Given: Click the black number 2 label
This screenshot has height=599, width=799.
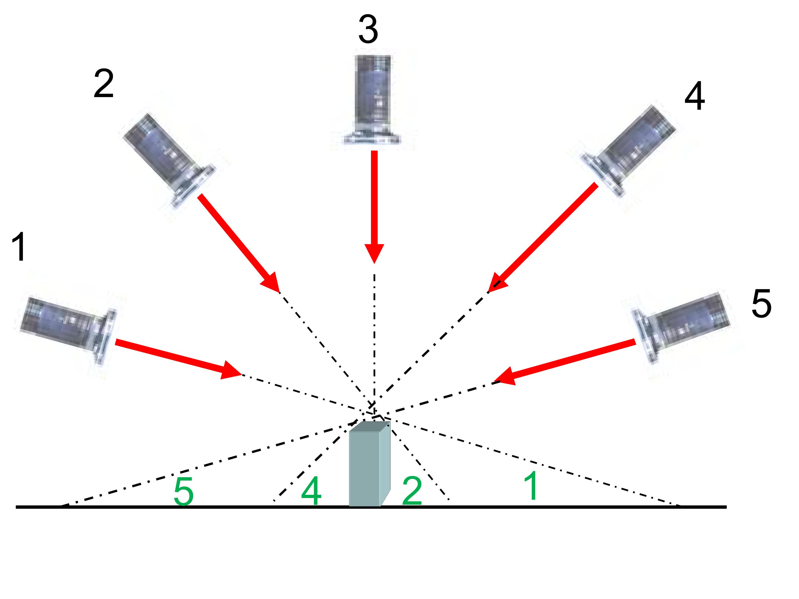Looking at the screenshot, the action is [x=104, y=84].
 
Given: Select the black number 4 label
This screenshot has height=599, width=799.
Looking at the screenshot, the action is [x=695, y=96].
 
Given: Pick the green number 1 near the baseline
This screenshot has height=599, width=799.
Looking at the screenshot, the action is [x=531, y=486].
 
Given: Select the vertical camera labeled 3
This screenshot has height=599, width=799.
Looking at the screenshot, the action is [x=372, y=99].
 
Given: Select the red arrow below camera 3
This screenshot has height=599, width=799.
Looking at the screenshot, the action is [x=374, y=207].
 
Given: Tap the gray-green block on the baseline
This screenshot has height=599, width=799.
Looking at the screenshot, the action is [x=370, y=464].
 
